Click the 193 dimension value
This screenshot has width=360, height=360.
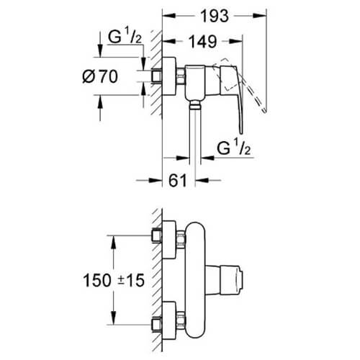[x=215, y=16]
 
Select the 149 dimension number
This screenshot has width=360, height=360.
[x=203, y=42]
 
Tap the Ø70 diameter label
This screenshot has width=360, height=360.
[x=100, y=76]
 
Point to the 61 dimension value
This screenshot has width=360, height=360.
[x=178, y=180]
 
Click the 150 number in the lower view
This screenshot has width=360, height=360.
[x=97, y=280]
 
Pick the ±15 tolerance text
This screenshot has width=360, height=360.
[x=131, y=280]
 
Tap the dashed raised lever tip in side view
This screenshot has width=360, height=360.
[x=264, y=111]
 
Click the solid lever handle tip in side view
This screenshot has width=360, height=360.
[x=241, y=132]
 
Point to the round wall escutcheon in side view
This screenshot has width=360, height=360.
[x=169, y=76]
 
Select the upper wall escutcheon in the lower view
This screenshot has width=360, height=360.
[x=169, y=240]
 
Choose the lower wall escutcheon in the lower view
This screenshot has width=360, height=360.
[x=169, y=321]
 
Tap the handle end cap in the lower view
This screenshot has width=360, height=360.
[x=240, y=280]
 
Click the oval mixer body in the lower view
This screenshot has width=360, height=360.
[x=195, y=280]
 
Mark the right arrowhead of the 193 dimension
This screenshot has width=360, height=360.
[x=260, y=16]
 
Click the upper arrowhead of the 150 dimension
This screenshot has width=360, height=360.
[x=114, y=243]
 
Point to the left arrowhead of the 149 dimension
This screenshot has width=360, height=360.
[x=169, y=41]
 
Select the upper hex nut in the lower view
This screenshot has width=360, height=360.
[x=181, y=239]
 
